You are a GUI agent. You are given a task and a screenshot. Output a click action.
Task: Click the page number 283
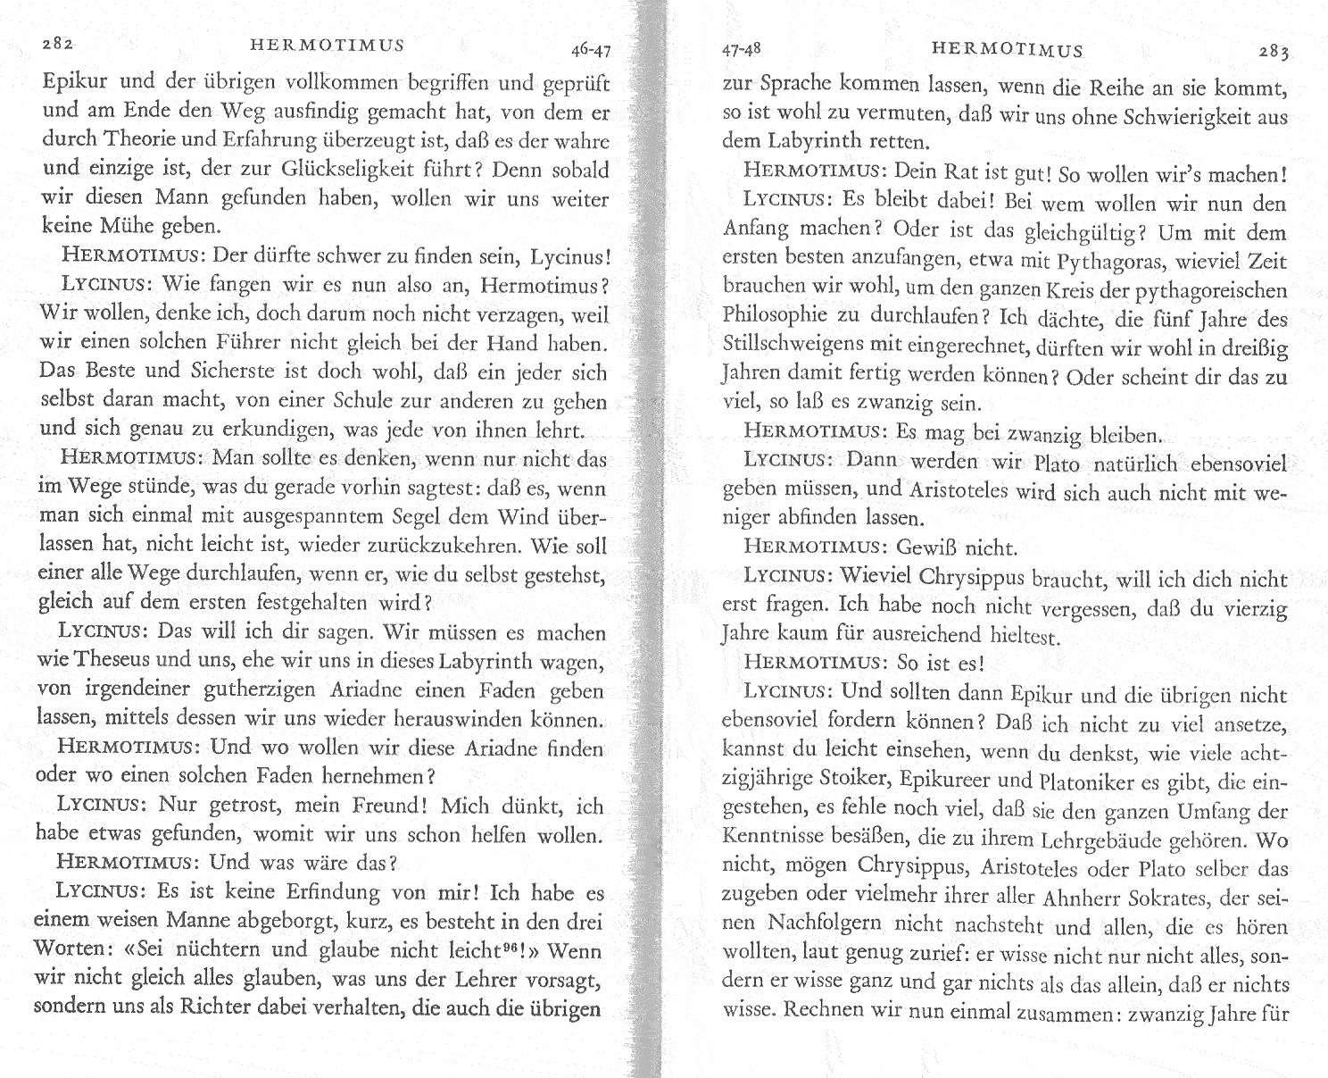pyautogui.click(x=1274, y=52)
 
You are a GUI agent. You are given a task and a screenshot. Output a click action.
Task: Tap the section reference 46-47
pyautogui.click(x=591, y=50)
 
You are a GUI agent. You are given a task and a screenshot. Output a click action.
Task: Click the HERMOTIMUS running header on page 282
pyautogui.click(x=327, y=46)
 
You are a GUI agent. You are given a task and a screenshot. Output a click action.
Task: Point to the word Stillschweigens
pyautogui.click(x=786, y=348)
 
